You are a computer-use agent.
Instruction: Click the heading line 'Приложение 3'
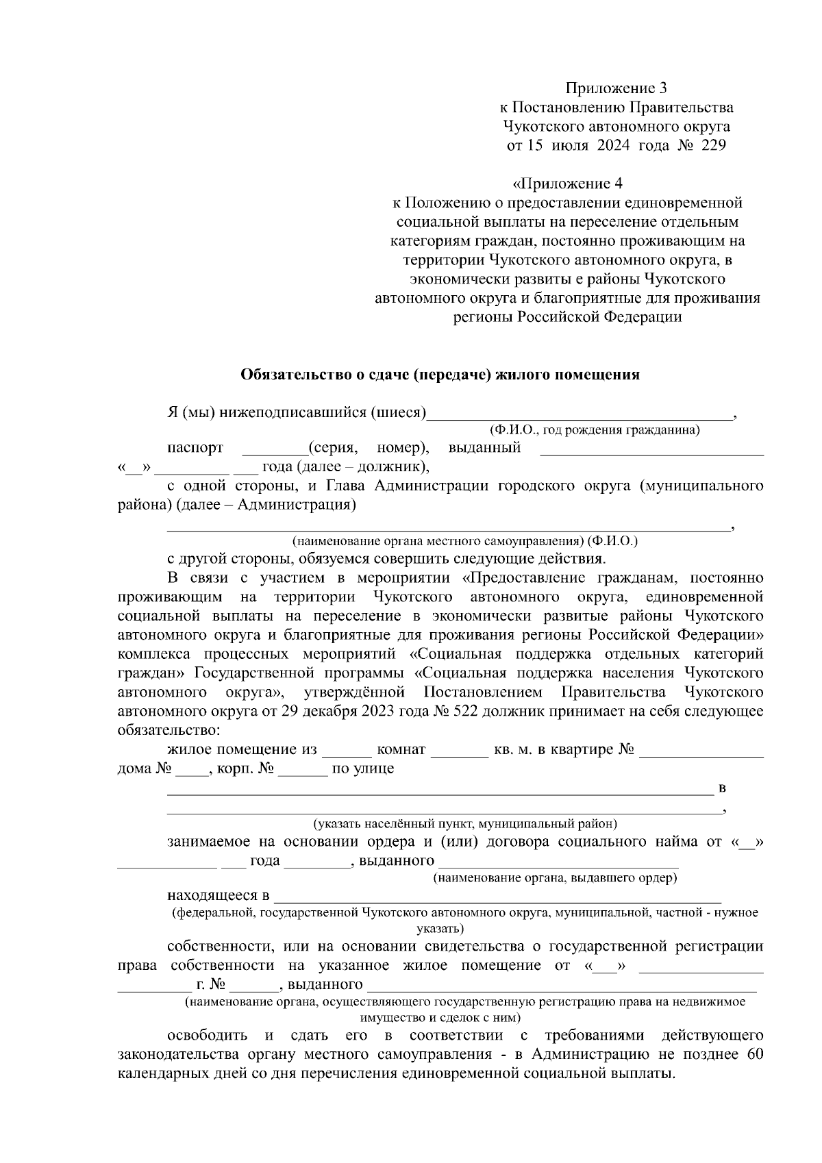click(x=615, y=88)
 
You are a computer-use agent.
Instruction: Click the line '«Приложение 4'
click(x=567, y=184)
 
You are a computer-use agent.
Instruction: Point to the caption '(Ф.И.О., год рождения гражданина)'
click(x=594, y=431)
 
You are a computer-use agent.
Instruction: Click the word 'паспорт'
click(x=195, y=449)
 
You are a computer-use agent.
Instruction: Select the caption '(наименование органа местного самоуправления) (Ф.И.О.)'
click(x=464, y=541)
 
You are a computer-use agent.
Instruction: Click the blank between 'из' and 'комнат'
click(x=347, y=751)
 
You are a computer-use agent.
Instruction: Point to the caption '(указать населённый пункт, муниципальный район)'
click(x=465, y=824)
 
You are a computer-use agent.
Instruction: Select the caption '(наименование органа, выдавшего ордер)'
click(x=555, y=879)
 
